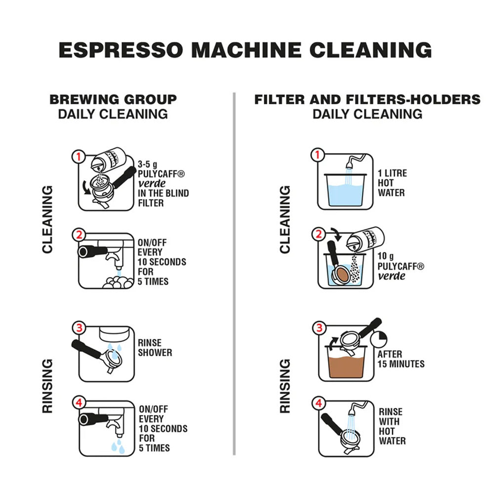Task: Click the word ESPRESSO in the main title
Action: point(122,50)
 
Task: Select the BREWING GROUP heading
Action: point(113,99)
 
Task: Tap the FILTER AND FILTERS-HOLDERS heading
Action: point(367,99)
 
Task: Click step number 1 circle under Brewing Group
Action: point(78,157)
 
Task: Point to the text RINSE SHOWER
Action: point(155,348)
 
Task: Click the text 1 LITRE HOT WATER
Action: point(392,183)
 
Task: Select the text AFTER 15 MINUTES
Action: point(401,359)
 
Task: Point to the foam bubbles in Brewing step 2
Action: point(118,282)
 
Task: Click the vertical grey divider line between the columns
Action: point(234,272)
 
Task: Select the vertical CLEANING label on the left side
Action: point(47,219)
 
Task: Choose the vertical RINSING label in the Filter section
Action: point(285,386)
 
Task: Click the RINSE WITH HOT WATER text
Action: point(391,426)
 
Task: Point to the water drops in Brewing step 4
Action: point(118,447)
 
